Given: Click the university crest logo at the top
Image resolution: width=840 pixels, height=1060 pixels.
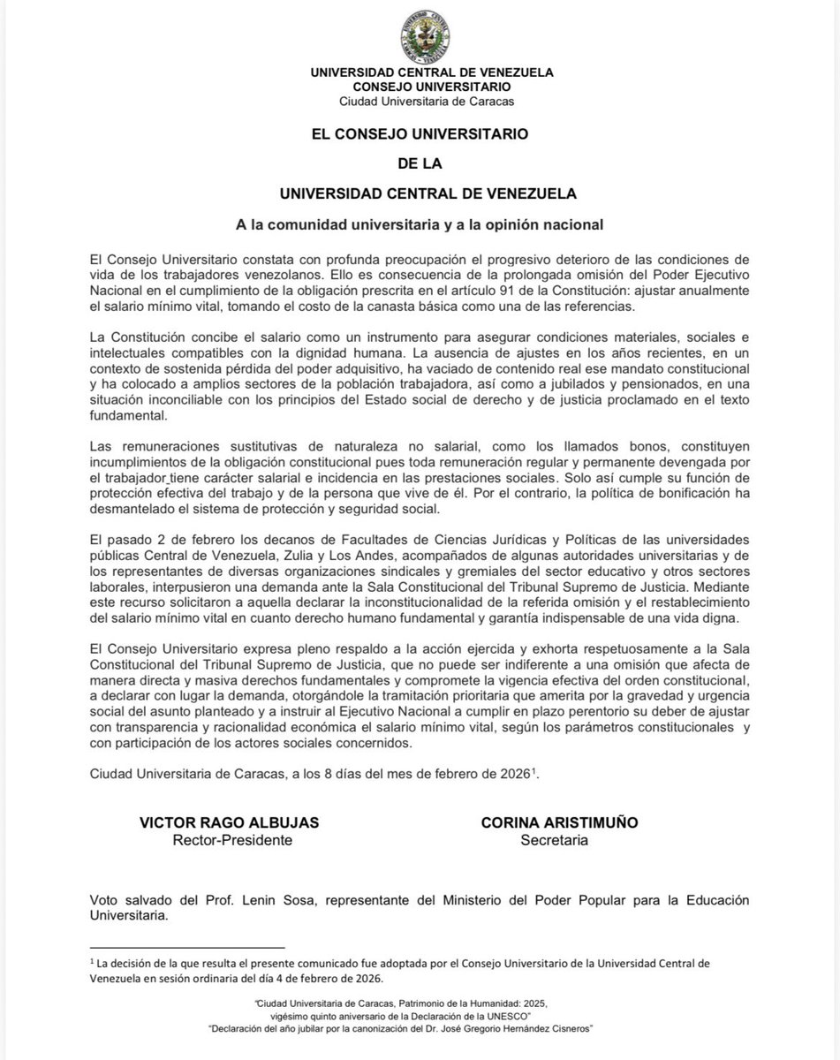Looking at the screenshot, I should tap(420, 37).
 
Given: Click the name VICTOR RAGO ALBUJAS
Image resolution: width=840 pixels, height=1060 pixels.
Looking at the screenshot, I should tap(229, 822).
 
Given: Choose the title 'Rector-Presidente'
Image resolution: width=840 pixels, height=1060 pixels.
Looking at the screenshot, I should tap(231, 840).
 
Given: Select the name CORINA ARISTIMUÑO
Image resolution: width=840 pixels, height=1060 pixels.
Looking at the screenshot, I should tap(558, 822).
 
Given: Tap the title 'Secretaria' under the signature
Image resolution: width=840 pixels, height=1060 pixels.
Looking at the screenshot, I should tap(555, 840).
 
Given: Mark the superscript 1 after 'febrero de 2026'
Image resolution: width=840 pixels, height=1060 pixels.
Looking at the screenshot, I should tap(533, 770).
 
